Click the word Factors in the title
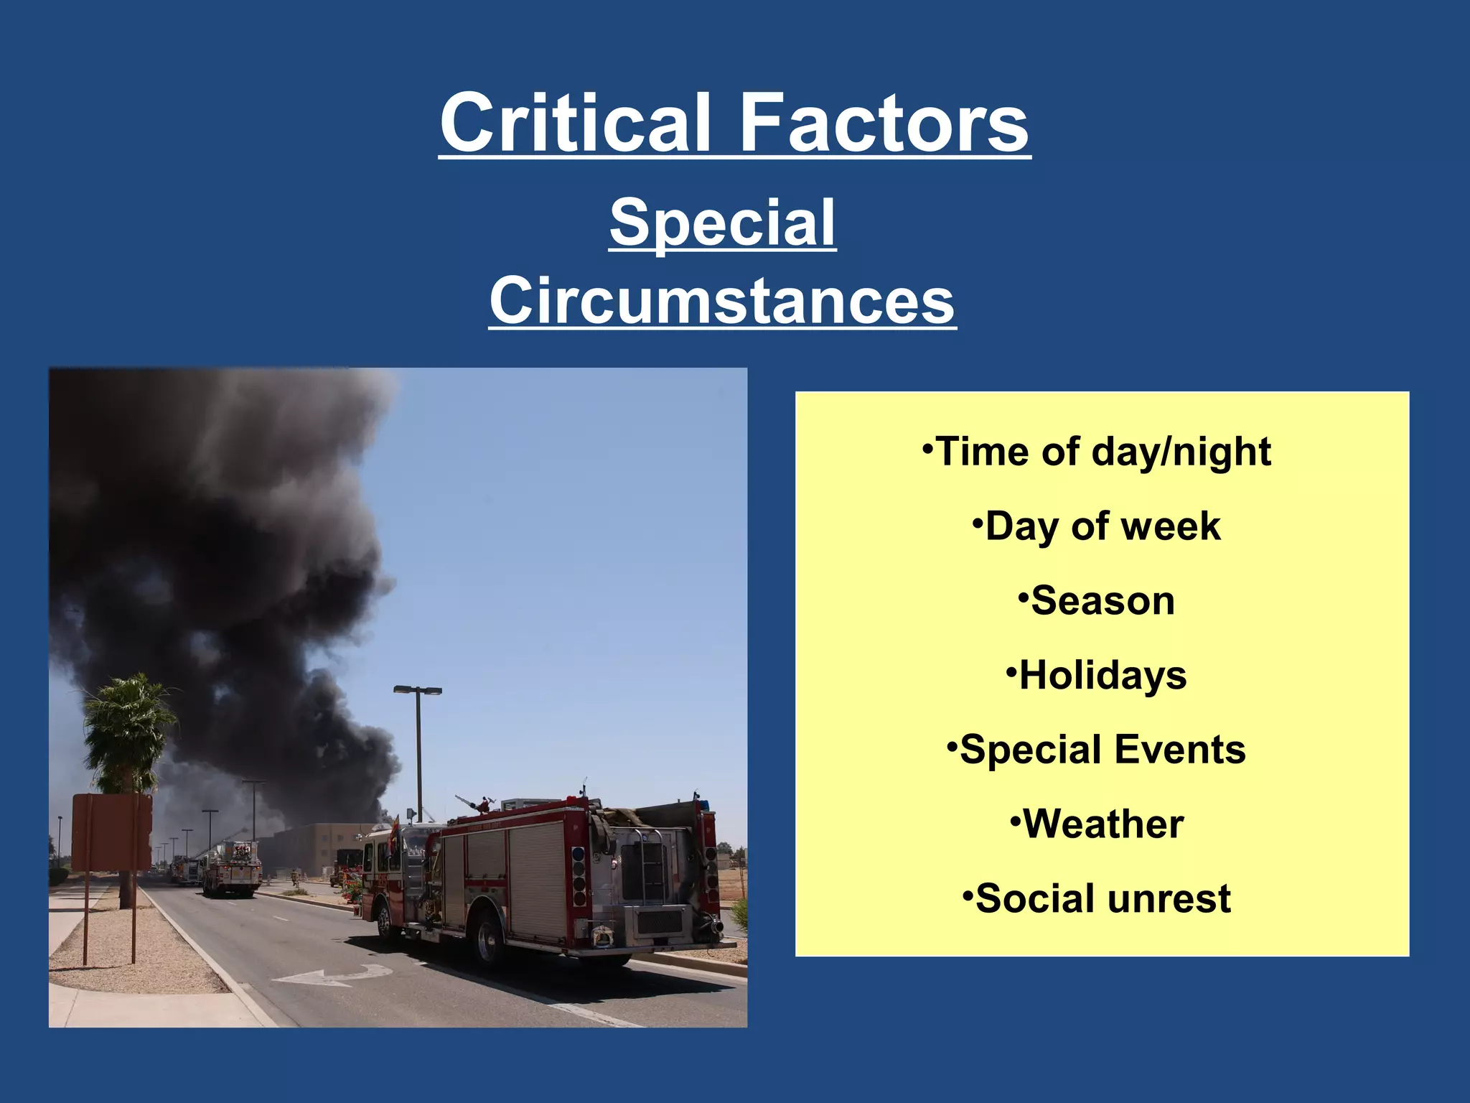[884, 123]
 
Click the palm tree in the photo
[128, 725]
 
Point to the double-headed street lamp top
[418, 690]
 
